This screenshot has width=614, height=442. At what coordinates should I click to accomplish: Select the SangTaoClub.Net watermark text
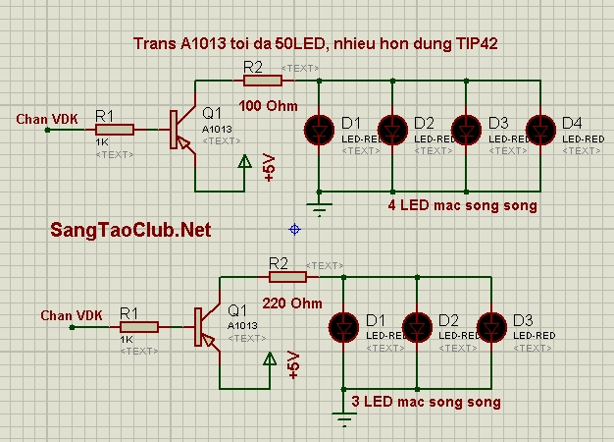[130, 230]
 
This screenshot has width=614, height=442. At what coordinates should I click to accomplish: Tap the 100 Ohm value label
[267, 105]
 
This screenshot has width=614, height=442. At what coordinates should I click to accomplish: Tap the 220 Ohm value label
[292, 303]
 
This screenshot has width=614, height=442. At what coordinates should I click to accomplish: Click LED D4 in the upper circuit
[540, 129]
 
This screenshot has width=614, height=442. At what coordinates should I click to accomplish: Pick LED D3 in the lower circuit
[491, 326]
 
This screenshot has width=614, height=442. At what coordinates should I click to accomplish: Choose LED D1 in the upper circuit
[320, 129]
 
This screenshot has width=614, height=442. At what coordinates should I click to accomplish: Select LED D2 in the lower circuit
[419, 326]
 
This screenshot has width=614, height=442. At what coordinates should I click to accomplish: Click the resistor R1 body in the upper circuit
[115, 129]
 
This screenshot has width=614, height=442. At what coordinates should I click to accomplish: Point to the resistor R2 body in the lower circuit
[279, 277]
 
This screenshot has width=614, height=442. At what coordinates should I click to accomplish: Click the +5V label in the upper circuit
[270, 169]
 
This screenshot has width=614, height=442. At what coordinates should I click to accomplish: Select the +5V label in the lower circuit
[294, 365]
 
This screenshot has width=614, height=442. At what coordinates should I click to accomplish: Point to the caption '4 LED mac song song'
[462, 206]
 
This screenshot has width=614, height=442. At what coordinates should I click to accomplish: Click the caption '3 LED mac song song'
[426, 402]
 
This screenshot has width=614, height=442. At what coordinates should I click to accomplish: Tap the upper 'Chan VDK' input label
[48, 120]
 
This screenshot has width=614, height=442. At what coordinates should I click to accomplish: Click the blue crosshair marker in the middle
[294, 229]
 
